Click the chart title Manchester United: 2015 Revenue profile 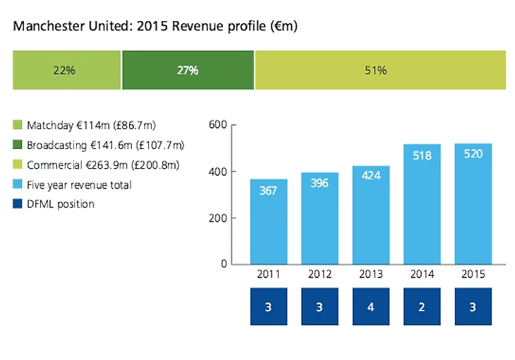click(155, 27)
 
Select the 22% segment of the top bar click(67, 70)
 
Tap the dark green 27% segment click(188, 70)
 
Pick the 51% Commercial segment click(380, 70)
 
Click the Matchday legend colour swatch click(18, 126)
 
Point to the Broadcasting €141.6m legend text click(105, 145)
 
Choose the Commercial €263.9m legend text click(103, 165)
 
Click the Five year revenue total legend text click(79, 185)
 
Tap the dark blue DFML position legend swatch click(18, 205)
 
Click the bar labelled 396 click(320, 218)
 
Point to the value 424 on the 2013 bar click(370, 175)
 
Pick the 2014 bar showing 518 click(422, 204)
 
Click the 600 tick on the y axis click(218, 126)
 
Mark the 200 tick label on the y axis click(218, 218)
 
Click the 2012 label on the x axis click(320, 275)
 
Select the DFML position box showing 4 click(370, 307)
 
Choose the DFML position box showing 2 click(422, 307)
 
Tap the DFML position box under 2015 click(473, 307)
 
